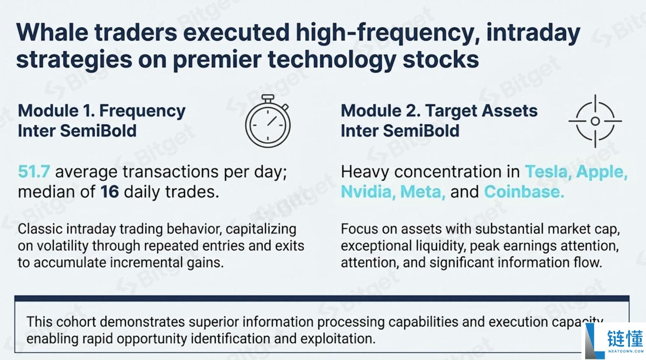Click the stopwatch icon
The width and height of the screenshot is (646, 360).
[268, 121]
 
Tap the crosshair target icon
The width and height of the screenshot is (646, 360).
[595, 121]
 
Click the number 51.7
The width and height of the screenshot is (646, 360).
[34, 172]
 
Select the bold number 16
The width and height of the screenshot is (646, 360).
[110, 192]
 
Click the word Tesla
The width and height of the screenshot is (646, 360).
[548, 172]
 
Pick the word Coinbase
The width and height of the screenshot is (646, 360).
[524, 192]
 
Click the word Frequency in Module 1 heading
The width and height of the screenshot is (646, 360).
[142, 111]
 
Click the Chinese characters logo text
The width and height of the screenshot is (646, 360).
[625, 338]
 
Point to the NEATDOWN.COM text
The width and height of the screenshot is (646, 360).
[626, 351]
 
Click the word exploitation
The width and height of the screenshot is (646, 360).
[338, 339]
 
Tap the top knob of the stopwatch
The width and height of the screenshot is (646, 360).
[268, 97]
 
